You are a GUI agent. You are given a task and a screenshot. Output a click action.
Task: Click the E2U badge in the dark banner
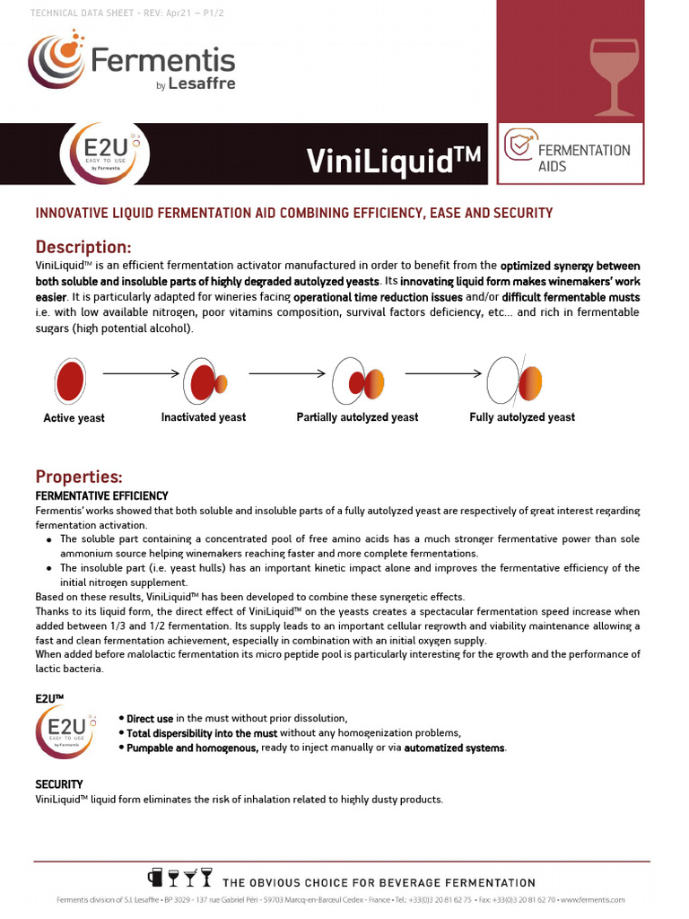coord(106,153)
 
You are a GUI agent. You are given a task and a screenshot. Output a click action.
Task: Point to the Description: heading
coord(83,247)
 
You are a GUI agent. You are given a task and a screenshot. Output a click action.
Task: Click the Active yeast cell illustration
coord(70,381)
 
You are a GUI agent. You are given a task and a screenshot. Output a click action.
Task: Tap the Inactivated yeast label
coord(203,417)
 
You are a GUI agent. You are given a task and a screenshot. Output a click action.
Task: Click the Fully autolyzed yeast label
coord(522,417)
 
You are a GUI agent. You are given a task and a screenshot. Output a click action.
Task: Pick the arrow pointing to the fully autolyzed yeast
coord(443,372)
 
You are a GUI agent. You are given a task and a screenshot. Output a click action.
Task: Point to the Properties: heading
coord(78,477)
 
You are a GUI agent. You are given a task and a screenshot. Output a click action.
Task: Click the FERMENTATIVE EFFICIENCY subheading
coord(101,495)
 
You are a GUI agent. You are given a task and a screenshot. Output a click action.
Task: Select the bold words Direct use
coord(150,719)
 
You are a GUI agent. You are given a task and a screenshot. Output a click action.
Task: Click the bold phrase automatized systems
coord(454,748)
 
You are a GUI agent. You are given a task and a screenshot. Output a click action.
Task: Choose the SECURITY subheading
coord(59,784)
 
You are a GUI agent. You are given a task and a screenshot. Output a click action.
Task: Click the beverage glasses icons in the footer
coord(180,879)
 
